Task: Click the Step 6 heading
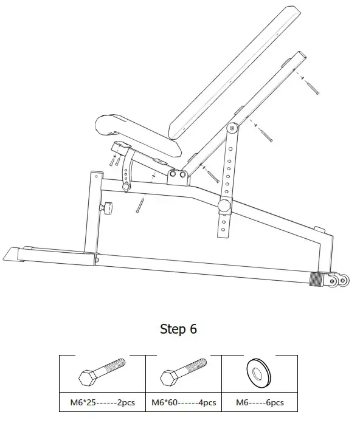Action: (x=178, y=329)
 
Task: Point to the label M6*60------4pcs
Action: (x=182, y=402)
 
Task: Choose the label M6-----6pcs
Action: (x=260, y=402)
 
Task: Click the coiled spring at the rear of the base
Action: (x=318, y=278)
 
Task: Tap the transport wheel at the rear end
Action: (x=339, y=280)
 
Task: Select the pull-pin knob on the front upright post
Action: (x=108, y=208)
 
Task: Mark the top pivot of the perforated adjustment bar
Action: (x=231, y=129)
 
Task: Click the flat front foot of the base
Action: (x=18, y=253)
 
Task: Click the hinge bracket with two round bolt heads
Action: (x=179, y=176)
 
